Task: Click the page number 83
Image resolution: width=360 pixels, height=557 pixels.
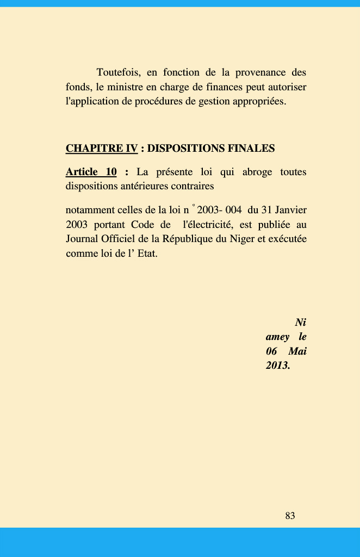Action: click(290, 516)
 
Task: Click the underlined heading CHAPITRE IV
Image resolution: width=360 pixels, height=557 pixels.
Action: click(102, 148)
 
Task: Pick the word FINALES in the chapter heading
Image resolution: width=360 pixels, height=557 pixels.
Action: click(252, 148)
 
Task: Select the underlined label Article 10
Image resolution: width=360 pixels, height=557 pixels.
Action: click(91, 172)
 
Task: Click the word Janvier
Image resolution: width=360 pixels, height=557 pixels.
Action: click(290, 210)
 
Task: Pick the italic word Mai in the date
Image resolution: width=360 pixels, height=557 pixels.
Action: click(297, 351)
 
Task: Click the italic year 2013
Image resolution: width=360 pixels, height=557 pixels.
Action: click(278, 366)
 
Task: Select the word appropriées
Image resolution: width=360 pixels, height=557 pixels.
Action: click(258, 101)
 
